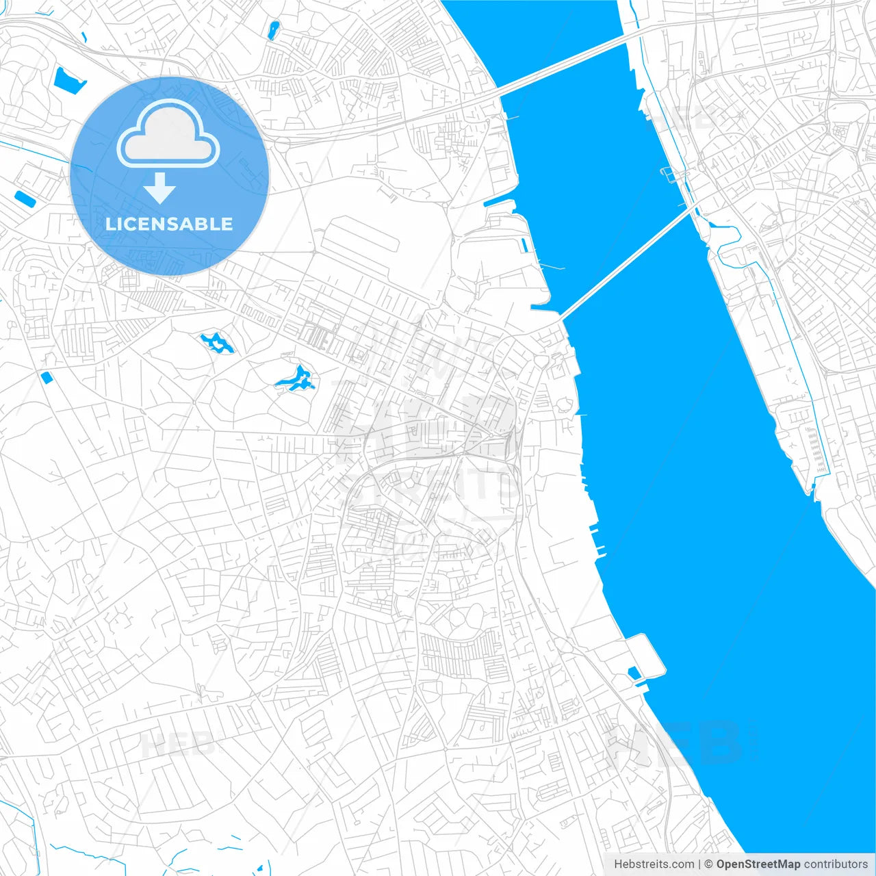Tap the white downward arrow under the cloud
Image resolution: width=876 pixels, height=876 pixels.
point(159,188)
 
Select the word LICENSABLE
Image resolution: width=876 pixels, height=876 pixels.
point(169,224)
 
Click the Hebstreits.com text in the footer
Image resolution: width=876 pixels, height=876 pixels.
point(654,864)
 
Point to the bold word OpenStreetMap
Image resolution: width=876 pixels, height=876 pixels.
point(758,864)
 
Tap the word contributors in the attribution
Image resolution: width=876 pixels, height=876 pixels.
point(836,864)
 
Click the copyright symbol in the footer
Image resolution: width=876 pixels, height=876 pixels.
point(709,864)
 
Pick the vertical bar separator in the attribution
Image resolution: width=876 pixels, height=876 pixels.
point(699,864)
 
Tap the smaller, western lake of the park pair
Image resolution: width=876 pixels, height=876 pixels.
point(217,342)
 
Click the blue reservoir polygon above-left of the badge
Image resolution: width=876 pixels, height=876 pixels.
point(68,81)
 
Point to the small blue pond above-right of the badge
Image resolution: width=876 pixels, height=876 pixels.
point(274,30)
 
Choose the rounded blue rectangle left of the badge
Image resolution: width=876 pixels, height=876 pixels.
point(25,198)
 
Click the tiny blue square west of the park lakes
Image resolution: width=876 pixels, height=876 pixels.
point(47,377)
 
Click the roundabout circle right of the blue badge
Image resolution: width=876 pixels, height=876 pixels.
point(281,144)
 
